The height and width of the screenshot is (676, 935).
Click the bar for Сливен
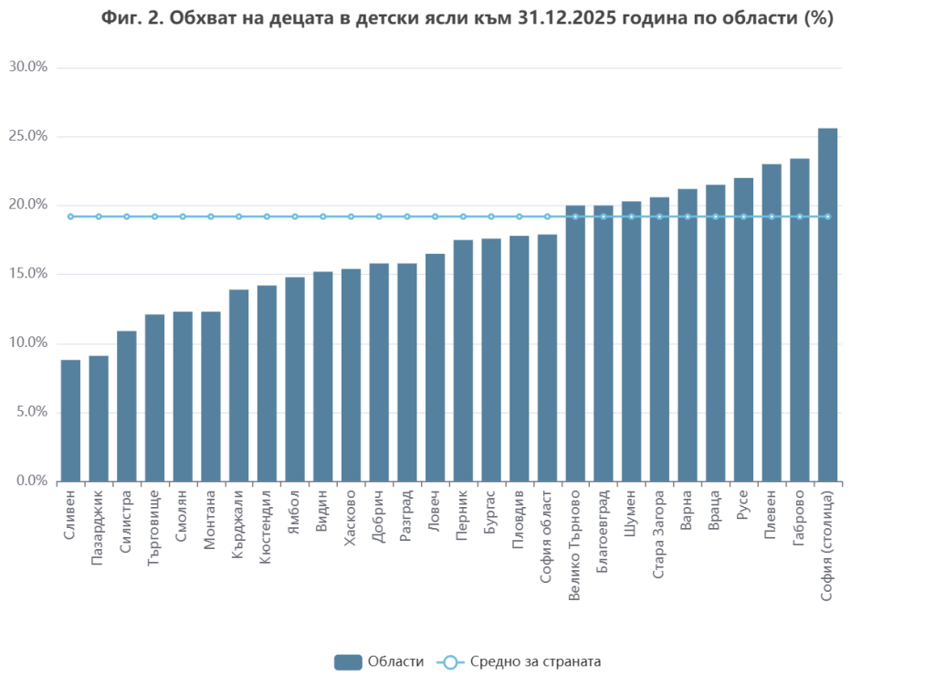click(70, 420)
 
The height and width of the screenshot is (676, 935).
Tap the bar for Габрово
click(799, 320)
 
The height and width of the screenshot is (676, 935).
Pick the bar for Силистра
click(126, 406)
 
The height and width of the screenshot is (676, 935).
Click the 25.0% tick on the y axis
click(27, 136)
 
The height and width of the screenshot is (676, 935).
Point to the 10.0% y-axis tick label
click(27, 343)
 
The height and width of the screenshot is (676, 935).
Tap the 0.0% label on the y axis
click(30, 481)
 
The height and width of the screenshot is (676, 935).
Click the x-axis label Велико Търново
click(574, 544)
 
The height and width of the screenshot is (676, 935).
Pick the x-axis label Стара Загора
click(658, 535)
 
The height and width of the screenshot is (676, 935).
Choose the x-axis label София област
click(546, 535)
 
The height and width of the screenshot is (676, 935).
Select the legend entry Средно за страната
click(520, 661)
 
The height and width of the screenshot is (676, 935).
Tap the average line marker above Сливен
click(70, 217)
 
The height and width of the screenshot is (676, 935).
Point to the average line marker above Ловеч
click(435, 217)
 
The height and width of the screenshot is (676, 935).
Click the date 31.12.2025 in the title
click(571, 18)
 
